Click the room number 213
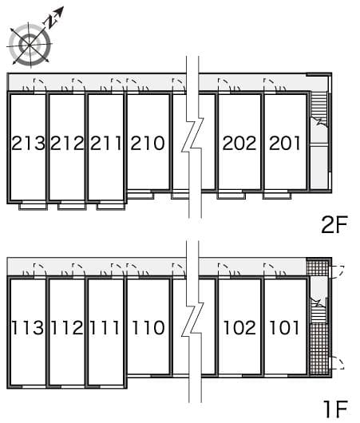(x=27, y=144)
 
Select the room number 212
(x=66, y=144)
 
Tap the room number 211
(x=105, y=144)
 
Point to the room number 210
(x=148, y=144)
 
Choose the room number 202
(x=239, y=144)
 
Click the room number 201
(x=285, y=144)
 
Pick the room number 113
(x=27, y=327)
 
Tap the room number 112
(x=66, y=327)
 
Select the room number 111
(x=105, y=327)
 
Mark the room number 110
(x=148, y=327)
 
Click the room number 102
(x=239, y=327)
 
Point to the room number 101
(x=285, y=327)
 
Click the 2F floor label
(x=334, y=225)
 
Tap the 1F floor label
(x=334, y=409)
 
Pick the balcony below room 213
(x=33, y=206)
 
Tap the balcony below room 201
(x=277, y=194)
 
